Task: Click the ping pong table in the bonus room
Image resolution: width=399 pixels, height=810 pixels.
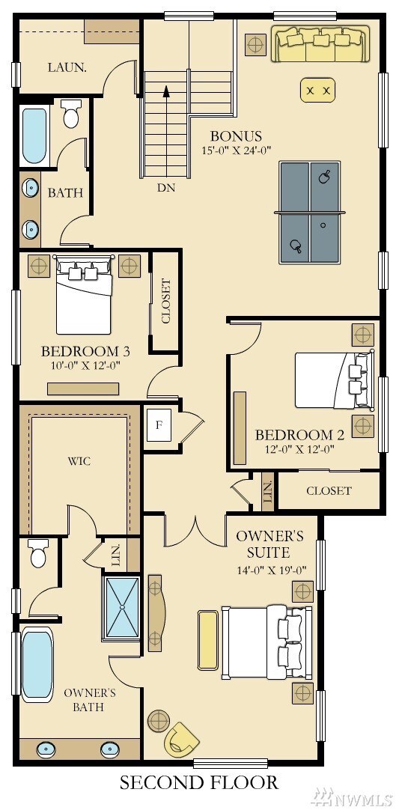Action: [310, 213]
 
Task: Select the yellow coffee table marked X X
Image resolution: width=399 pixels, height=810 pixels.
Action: [318, 91]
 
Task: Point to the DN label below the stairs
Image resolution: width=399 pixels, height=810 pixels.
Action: [166, 189]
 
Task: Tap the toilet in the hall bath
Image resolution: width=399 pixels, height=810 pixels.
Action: [71, 114]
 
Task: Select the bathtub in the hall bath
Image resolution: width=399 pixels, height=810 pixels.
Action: [34, 135]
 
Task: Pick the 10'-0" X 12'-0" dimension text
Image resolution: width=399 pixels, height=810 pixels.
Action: [85, 366]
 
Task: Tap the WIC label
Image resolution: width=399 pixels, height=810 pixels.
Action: [79, 461]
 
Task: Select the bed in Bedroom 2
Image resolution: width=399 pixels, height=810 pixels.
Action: [334, 380]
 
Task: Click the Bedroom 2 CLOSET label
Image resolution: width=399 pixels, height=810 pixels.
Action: [329, 491]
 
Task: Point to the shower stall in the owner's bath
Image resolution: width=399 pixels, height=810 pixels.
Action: [122, 609]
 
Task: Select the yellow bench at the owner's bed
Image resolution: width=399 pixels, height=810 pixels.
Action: [208, 640]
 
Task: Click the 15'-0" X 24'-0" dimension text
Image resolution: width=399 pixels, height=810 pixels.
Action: [237, 150]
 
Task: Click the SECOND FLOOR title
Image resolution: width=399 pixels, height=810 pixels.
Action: [199, 782]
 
